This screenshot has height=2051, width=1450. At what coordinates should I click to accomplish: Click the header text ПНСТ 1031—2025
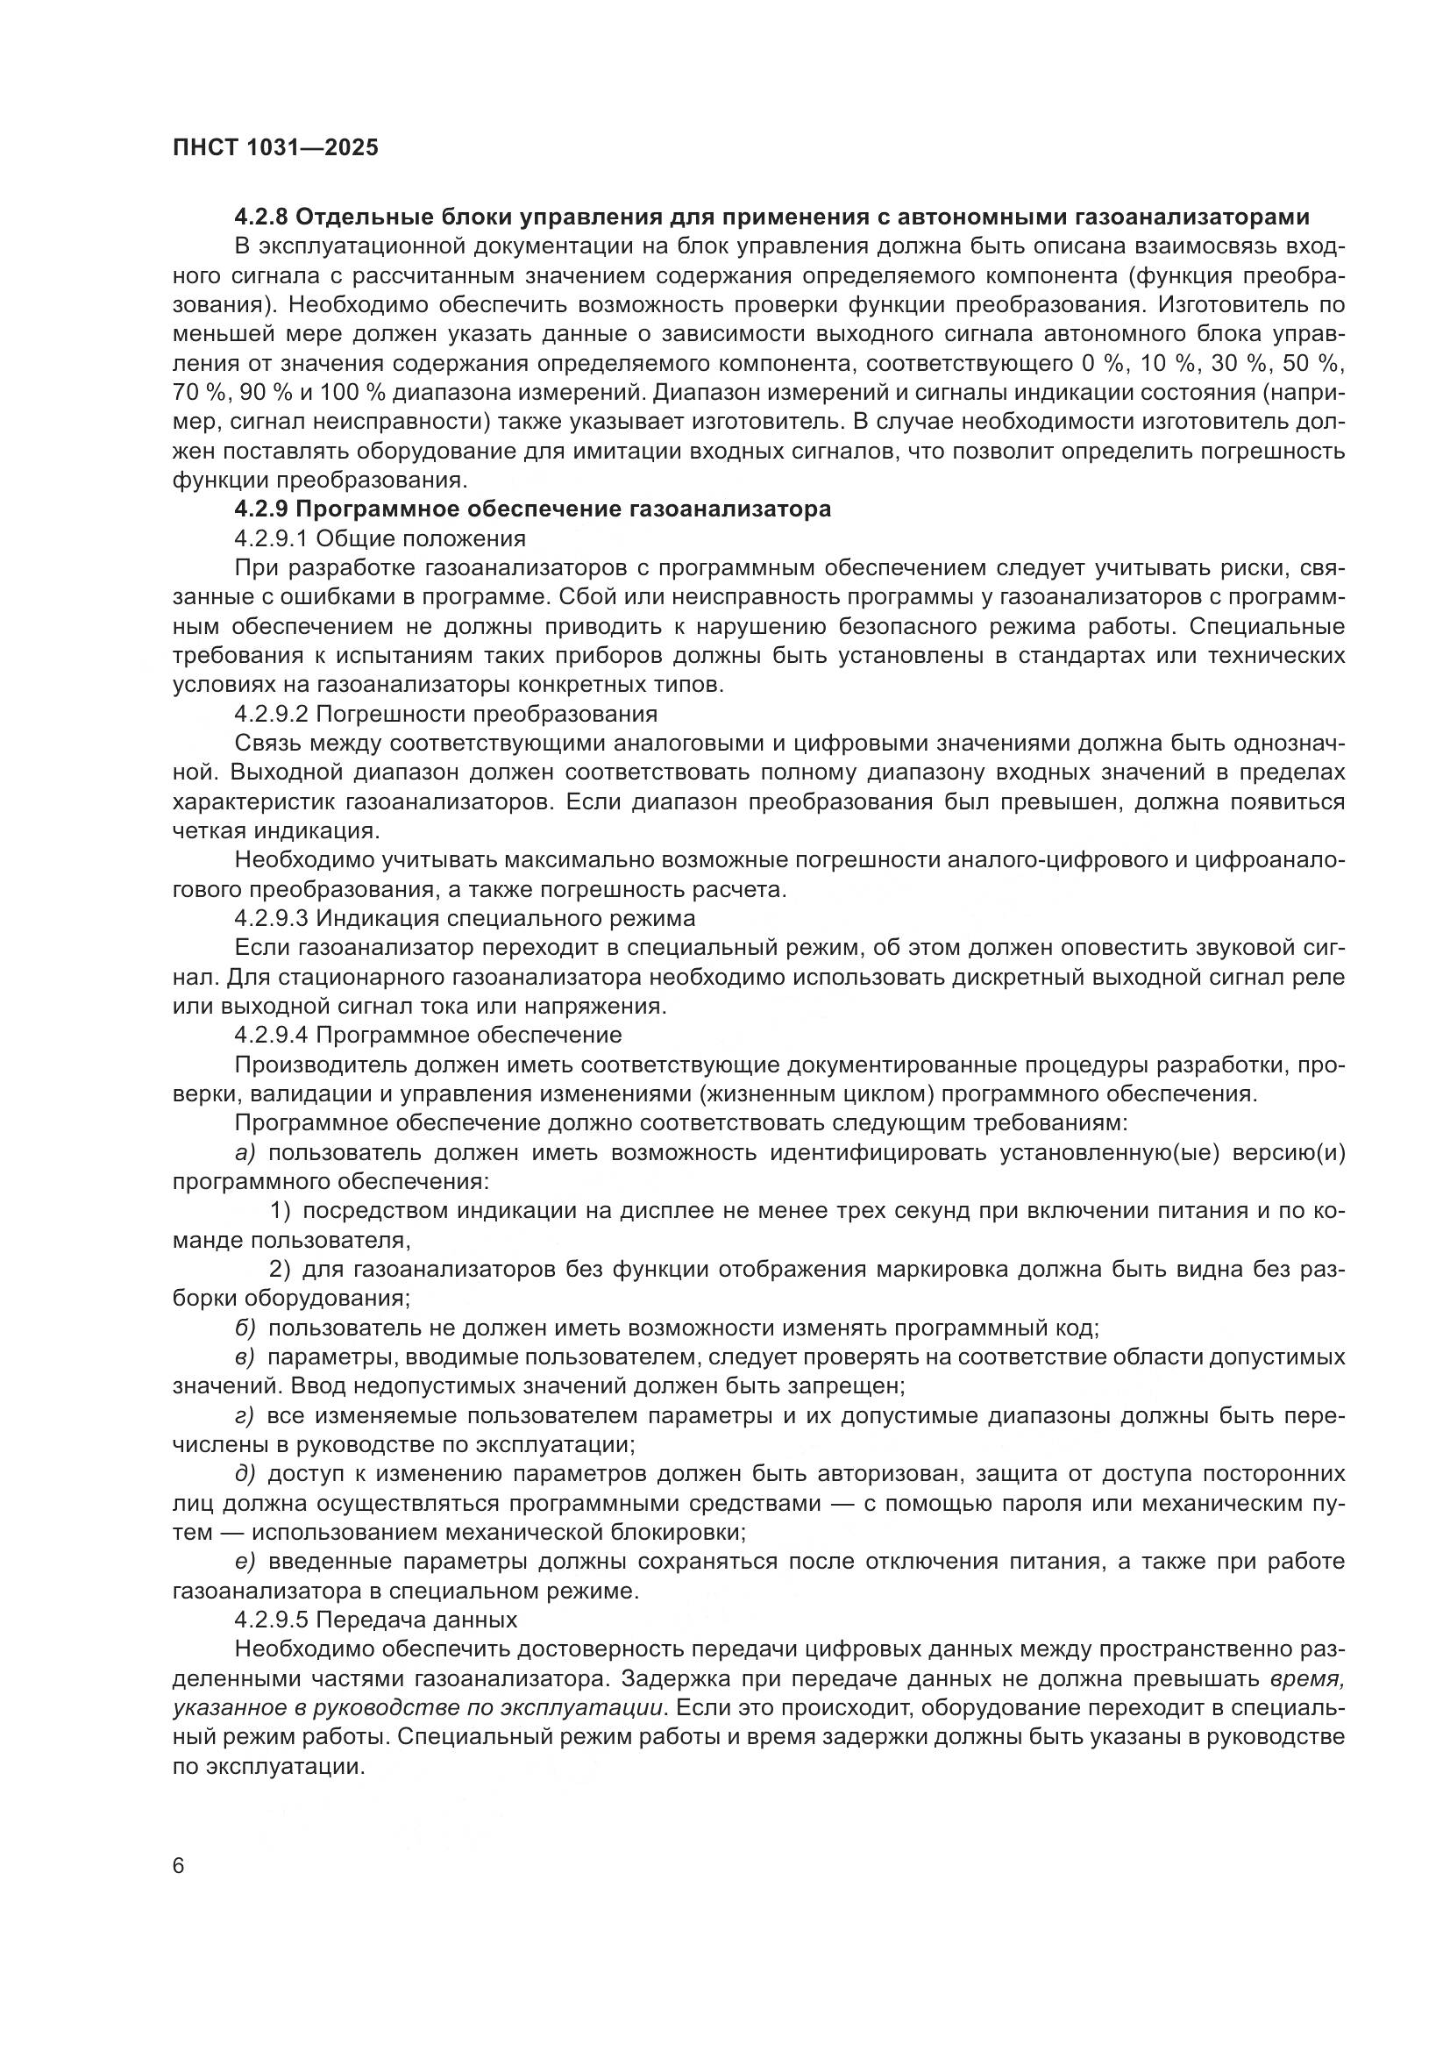(x=275, y=147)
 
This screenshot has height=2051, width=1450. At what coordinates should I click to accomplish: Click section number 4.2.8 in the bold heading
(x=260, y=217)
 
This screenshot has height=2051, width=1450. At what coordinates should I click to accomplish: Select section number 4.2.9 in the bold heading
(x=260, y=509)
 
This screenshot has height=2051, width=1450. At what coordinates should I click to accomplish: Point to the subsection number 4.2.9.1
(x=272, y=538)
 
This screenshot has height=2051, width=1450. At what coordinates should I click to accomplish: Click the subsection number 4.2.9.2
(x=272, y=714)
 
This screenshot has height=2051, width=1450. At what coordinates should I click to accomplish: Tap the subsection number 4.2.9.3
(x=272, y=918)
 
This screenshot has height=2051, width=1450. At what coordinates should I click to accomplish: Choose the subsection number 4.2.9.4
(x=272, y=1036)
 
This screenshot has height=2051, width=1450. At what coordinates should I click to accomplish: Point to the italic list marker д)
(x=245, y=1474)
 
